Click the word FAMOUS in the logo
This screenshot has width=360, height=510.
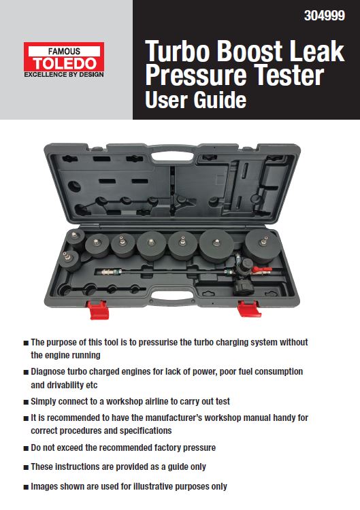[x=63, y=51]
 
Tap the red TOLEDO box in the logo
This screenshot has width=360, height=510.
[x=63, y=63]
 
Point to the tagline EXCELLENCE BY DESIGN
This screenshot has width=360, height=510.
[x=63, y=75]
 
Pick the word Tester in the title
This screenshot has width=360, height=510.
[x=285, y=75]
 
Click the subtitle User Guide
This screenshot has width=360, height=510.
[x=195, y=101]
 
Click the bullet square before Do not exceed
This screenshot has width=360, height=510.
[x=25, y=447]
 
